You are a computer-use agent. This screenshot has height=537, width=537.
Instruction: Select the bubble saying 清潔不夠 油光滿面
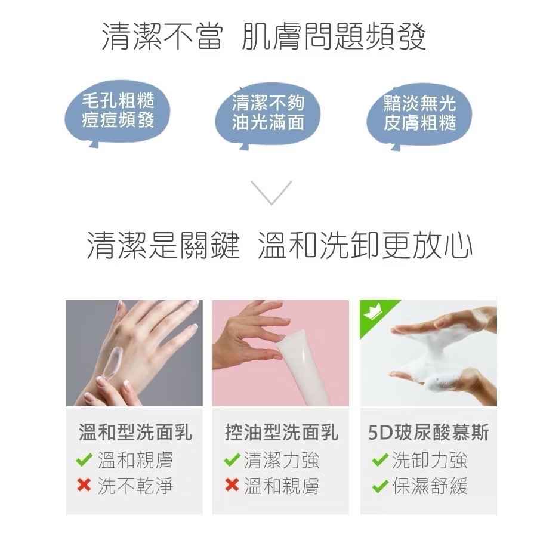pos(268,113)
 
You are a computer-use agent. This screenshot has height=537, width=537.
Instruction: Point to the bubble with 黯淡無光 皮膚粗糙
pos(419,113)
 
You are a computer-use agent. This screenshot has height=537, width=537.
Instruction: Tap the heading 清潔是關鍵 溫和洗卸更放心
pos(279,246)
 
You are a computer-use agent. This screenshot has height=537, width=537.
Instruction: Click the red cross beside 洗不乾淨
pos(84,486)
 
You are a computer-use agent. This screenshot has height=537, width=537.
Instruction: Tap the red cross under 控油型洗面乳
pos(231,486)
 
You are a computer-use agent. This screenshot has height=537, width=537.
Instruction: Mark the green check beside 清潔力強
pos(231,460)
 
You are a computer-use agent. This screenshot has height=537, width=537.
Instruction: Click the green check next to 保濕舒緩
pos(379,486)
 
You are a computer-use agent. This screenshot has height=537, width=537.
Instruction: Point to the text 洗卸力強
pos(430,460)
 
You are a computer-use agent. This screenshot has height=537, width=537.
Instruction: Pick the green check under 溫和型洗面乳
pos(84,460)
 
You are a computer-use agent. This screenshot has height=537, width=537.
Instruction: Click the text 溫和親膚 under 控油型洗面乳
pos(281,486)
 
